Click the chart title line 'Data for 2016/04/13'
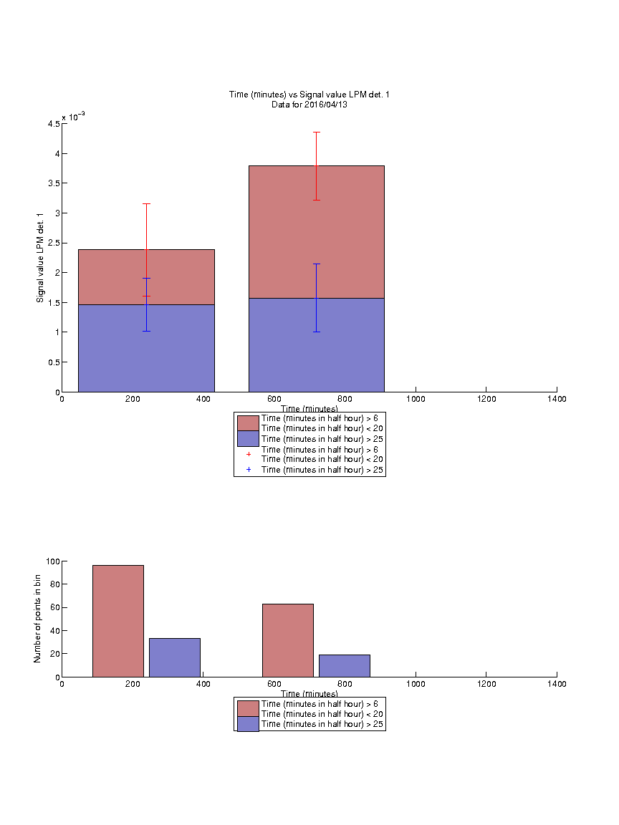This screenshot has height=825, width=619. click(x=309, y=104)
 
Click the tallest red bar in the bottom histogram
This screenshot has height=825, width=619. click(x=118, y=621)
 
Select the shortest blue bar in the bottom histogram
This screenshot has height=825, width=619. click(x=344, y=665)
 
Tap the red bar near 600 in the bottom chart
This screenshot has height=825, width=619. click(x=288, y=640)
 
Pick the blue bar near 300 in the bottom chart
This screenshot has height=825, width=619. click(x=175, y=657)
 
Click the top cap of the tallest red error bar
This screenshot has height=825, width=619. click(x=317, y=132)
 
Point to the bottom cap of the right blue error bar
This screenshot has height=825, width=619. click(x=317, y=332)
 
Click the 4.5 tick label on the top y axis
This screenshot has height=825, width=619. click(x=54, y=124)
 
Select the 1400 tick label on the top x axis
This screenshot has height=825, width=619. click(x=557, y=399)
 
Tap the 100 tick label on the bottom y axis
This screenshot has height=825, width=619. click(x=53, y=561)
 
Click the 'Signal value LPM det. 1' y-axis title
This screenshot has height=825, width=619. click(x=40, y=258)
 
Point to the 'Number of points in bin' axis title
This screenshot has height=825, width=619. click(x=37, y=619)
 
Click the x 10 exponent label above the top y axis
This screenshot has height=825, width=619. click(x=73, y=116)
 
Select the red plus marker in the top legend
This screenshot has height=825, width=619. click(x=249, y=454)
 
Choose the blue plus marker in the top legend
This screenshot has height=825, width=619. click(x=249, y=469)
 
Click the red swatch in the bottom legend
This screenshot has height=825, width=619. click(x=248, y=708)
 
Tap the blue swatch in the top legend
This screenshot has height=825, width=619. click(x=248, y=439)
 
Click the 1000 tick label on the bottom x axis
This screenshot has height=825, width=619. click(x=416, y=684)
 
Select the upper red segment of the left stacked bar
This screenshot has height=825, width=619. click(x=146, y=277)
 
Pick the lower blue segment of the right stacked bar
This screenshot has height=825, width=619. click(x=317, y=345)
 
